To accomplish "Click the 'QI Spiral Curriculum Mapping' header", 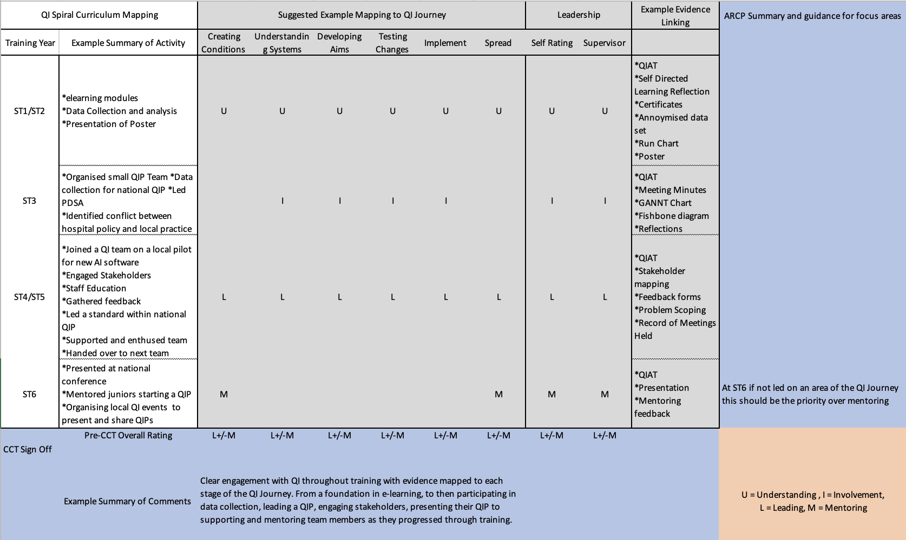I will click(100, 15).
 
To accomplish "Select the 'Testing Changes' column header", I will click(392, 43).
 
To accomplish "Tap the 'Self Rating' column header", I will click(552, 43).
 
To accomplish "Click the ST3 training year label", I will click(29, 201).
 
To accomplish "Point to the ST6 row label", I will click(29, 394).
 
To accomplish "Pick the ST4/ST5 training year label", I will click(29, 297).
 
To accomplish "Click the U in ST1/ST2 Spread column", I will click(498, 111).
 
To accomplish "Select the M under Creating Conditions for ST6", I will click(224, 394).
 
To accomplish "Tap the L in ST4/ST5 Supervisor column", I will click(605, 297).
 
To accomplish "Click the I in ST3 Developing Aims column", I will click(339, 201).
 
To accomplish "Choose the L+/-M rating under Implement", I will click(445, 435).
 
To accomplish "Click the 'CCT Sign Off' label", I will click(28, 449).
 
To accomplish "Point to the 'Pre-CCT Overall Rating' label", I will click(128, 435).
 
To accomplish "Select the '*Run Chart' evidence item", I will click(656, 143).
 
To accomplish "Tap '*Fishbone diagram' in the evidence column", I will click(672, 216).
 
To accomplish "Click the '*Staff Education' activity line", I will click(94, 288).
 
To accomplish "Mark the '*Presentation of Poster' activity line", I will click(109, 124).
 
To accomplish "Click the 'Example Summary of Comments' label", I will click(127, 501).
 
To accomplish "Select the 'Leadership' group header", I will click(579, 15).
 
